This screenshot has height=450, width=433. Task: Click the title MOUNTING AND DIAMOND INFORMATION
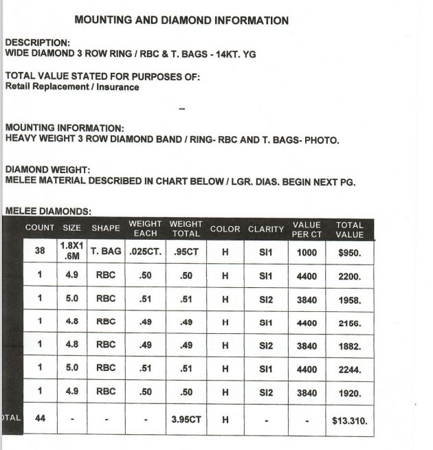pos(181,21)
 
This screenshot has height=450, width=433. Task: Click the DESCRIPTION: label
pos(37,43)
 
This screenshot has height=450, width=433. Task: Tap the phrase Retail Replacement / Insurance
pos(72,87)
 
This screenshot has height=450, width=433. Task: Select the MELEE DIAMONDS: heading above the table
pos(48,211)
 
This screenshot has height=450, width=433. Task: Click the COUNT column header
pos(40,228)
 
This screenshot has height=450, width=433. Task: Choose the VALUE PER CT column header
pos(307,229)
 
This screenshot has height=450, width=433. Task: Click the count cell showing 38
pos(40,251)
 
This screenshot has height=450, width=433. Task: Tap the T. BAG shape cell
pos(106,251)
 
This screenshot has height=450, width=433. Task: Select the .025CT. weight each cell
pos(145,251)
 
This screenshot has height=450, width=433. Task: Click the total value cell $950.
pos(350,252)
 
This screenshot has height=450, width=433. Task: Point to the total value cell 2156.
pos(350,323)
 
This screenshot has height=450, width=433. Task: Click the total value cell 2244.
pos(350,370)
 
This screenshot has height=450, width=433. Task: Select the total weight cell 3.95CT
pos(186,419)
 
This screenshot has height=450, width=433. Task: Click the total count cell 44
pos(40,418)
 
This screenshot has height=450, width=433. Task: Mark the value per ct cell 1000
pos(307,252)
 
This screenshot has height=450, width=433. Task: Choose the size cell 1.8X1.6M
pos(71,251)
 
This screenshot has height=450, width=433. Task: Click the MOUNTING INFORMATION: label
pos(65,128)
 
